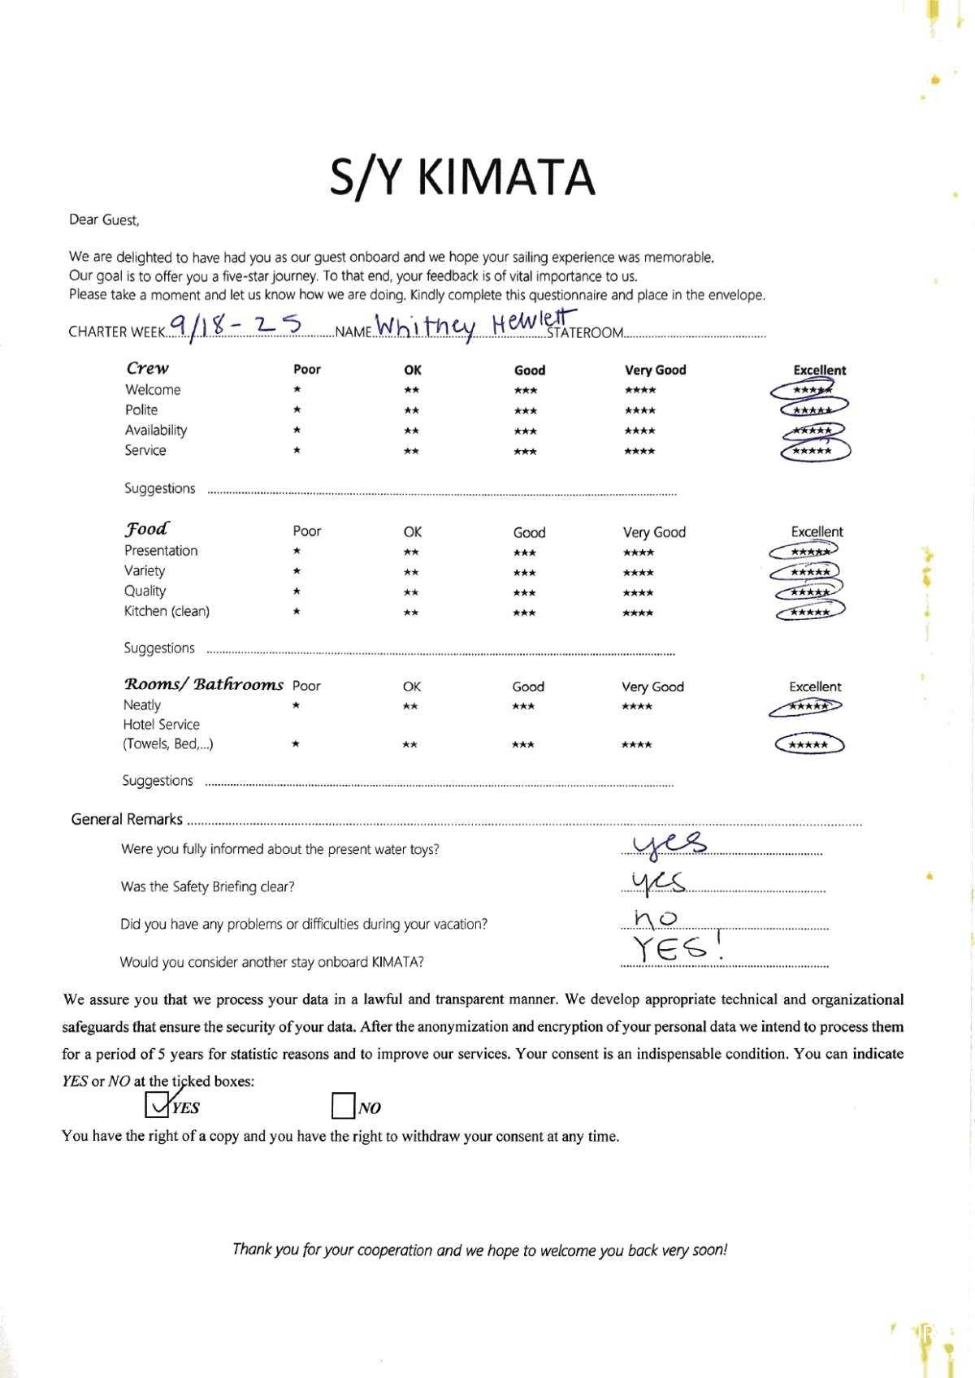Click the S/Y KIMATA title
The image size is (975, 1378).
[462, 177]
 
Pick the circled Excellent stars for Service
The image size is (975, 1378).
[813, 451]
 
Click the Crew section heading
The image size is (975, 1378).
[147, 368]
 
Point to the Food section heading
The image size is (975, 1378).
[146, 529]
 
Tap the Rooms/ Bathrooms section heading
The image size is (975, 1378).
[203, 684]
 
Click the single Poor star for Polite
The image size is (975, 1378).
[297, 410]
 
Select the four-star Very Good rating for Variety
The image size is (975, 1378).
[638, 573]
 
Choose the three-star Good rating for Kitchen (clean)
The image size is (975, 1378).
[524, 613]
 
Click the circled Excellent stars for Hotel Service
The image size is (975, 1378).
[809, 744]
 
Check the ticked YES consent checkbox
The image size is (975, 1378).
[156, 1105]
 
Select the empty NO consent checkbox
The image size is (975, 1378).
[343, 1106]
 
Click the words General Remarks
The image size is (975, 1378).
[127, 819]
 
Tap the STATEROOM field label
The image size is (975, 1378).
[585, 332]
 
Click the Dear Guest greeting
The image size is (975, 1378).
[104, 219]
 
